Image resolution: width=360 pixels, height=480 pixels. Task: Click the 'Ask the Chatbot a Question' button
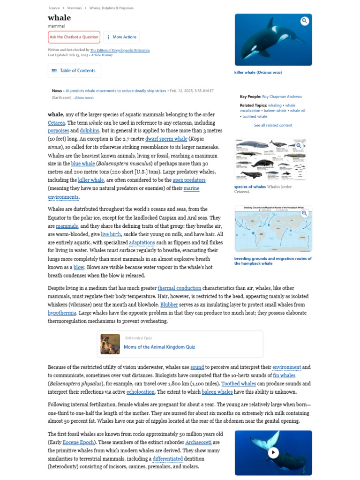(74, 37)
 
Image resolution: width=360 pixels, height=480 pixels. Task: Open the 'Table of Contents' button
(74, 71)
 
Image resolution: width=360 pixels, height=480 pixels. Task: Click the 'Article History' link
(102, 55)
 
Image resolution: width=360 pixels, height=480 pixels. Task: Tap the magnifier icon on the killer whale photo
(305, 21)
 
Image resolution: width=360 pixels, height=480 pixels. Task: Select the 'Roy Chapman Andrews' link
(282, 97)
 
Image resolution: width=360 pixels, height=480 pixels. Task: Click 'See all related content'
(273, 125)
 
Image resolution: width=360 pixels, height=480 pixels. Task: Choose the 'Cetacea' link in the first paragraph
(56, 123)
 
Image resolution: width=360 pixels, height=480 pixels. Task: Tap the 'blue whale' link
(82, 164)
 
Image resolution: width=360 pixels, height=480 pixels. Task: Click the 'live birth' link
(111, 234)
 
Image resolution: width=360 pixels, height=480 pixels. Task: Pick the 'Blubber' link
(169, 304)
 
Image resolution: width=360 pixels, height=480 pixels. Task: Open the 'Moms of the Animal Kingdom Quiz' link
(159, 347)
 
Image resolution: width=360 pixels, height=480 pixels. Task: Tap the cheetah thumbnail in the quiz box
(110, 344)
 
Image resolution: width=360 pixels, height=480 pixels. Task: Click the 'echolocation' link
(141, 392)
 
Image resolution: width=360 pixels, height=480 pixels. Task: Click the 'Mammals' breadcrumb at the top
(74, 8)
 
